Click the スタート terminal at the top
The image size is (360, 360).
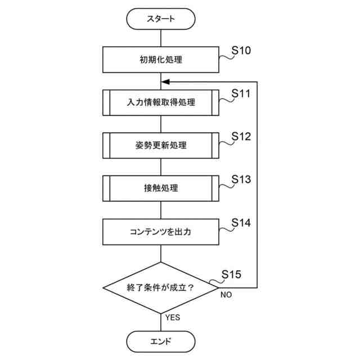pyautogui.click(x=161, y=19)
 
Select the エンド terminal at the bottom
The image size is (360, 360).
pyautogui.click(x=161, y=341)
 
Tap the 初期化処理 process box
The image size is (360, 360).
pyautogui.click(x=161, y=59)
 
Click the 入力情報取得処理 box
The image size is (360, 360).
pyautogui.click(x=161, y=102)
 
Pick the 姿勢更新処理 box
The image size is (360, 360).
pyautogui.click(x=161, y=145)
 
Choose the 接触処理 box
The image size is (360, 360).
pyautogui.click(x=161, y=188)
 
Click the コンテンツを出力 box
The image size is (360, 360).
pyautogui.click(x=161, y=231)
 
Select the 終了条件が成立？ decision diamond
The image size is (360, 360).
pyautogui.click(x=161, y=287)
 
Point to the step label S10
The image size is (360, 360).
pyautogui.click(x=241, y=51)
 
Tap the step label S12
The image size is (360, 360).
pyautogui.click(x=241, y=137)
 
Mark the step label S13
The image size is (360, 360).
pyautogui.click(x=241, y=179)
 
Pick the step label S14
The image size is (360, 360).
pyautogui.click(x=241, y=223)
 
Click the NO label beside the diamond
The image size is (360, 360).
pyautogui.click(x=226, y=295)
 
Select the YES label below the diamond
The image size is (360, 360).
pyautogui.click(x=173, y=318)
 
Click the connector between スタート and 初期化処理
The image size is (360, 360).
pyautogui.click(x=161, y=38)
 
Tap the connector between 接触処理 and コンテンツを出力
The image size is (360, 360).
pyautogui.click(x=161, y=209)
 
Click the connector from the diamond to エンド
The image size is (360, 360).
pyautogui.click(x=161, y=322)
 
